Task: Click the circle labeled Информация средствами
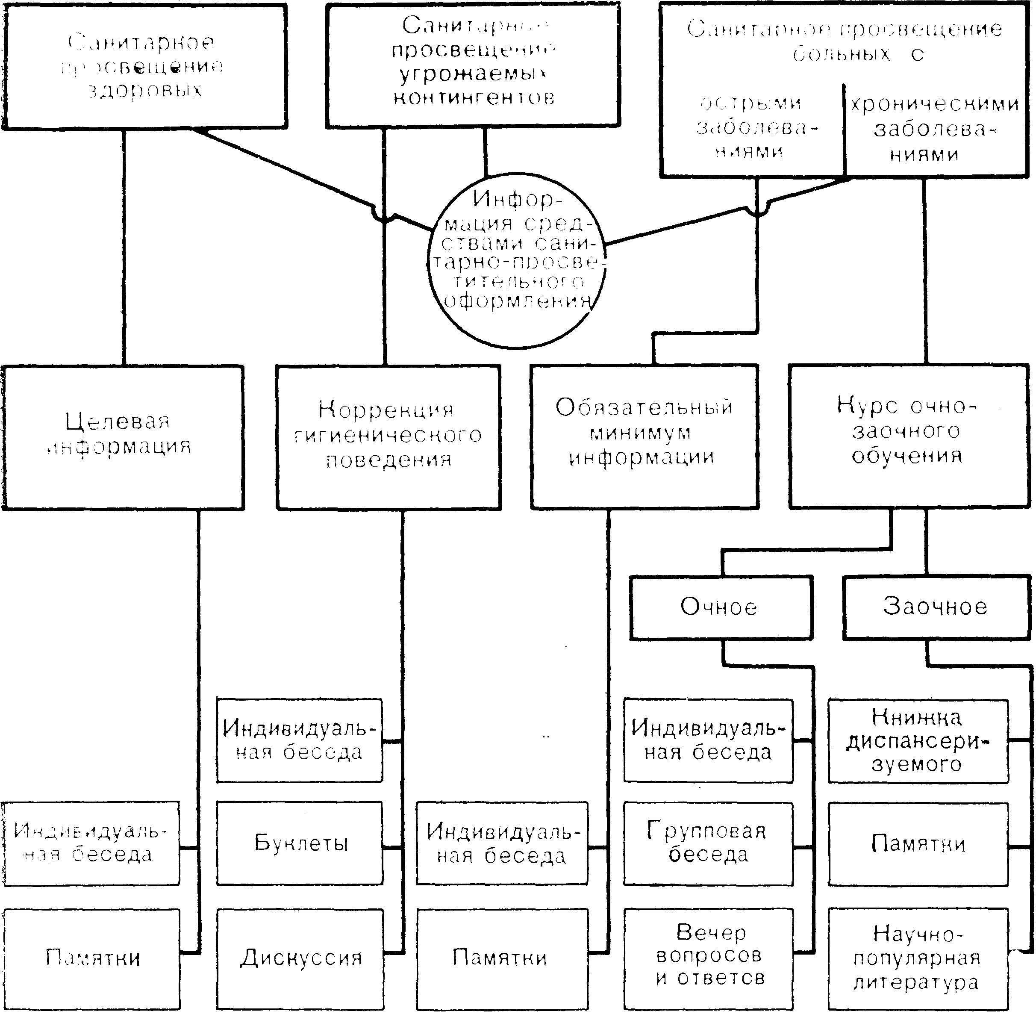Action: [516, 261]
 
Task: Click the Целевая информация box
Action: [122, 437]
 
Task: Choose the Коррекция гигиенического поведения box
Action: [388, 437]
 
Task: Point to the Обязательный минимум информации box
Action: [644, 437]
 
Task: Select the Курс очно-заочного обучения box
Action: [908, 437]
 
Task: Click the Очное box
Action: [721, 607]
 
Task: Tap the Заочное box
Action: [936, 607]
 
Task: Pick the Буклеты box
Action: [300, 843]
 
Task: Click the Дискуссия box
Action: [300, 958]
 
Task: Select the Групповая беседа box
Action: [708, 843]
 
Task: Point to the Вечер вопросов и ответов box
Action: [708, 958]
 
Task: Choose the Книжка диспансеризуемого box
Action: [918, 741]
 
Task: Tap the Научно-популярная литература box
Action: [918, 958]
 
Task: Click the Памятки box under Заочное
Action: [918, 843]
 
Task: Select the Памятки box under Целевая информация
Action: [91, 958]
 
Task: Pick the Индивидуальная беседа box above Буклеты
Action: [300, 741]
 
